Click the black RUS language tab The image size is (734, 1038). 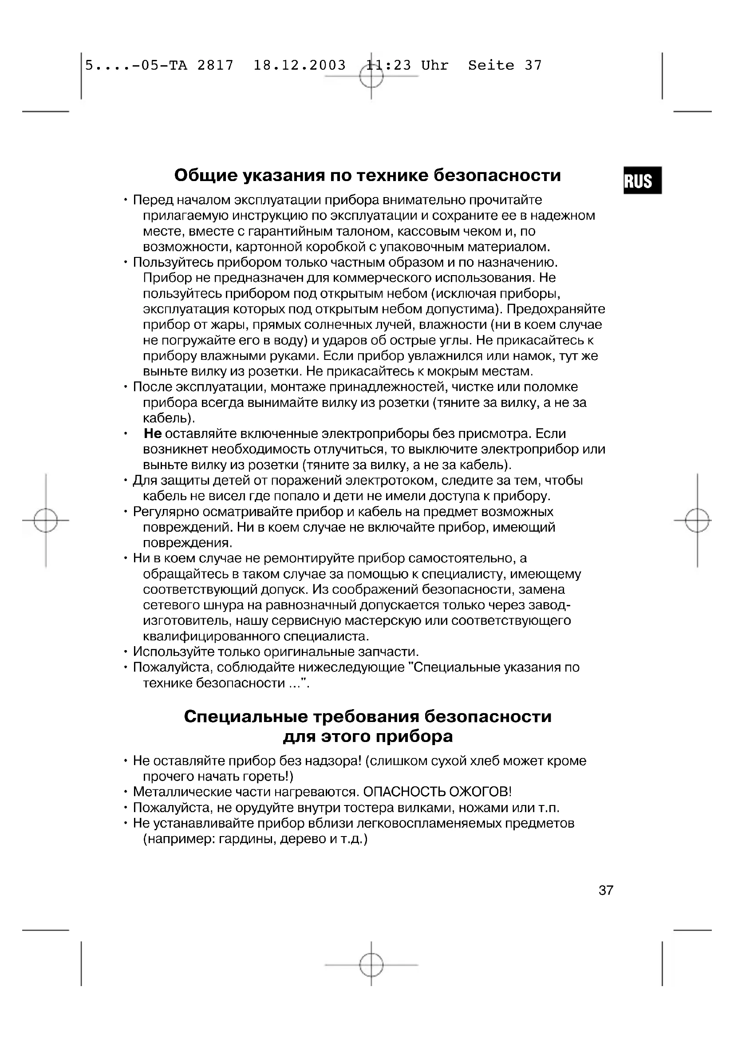pyautogui.click(x=642, y=180)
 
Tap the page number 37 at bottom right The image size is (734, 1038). pyautogui.click(x=606, y=890)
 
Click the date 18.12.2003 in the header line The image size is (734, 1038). pyautogui.click(x=299, y=65)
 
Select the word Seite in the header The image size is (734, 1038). pyautogui.click(x=491, y=65)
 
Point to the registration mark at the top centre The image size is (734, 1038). pyautogui.click(x=371, y=76)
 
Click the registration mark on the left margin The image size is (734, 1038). pyautogui.click(x=46, y=520)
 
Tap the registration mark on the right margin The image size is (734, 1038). pyautogui.click(x=697, y=520)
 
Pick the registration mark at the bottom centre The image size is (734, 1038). pyautogui.click(x=371, y=965)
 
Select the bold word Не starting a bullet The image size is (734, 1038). pyautogui.click(x=153, y=434)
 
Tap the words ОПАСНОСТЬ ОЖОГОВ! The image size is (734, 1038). pyautogui.click(x=437, y=792)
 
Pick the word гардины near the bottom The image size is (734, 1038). pyautogui.click(x=247, y=839)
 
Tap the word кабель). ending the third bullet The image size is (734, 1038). pyautogui.click(x=169, y=418)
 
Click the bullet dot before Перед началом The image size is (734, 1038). pyautogui.click(x=125, y=200)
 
